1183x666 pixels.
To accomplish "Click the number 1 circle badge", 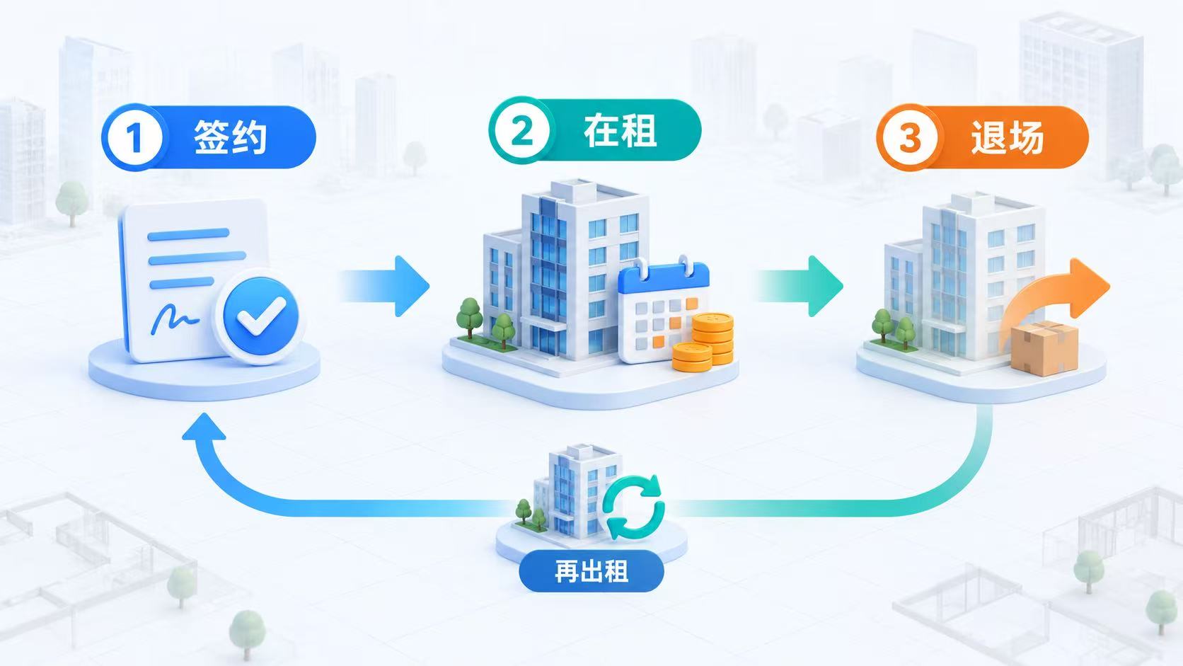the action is pos(135,137).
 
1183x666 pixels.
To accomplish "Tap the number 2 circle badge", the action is pos(521,130).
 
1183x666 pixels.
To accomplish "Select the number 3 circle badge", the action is pos(909,137).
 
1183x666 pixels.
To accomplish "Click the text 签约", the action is pos(230,137).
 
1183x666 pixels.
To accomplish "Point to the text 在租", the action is pos(620,131).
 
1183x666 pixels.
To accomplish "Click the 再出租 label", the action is pos(591,571).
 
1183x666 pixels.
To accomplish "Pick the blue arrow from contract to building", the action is pos(386,286).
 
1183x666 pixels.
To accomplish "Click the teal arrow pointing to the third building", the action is pos(799,286).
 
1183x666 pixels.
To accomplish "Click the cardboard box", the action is pos(1044,348).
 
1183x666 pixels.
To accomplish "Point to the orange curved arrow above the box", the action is pos(1051,296).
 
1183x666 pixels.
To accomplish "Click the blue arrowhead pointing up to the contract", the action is pos(204,426).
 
